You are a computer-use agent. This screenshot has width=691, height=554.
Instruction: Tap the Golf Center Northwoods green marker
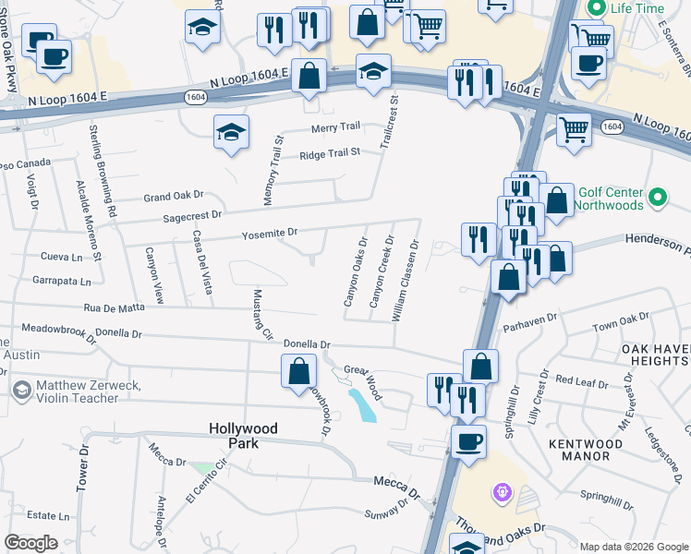pos(658,198)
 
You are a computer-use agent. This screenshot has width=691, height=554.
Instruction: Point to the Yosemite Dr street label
pos(270,234)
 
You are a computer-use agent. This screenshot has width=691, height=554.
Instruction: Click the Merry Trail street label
pos(335,127)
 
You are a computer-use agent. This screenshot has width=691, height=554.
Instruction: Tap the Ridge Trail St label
pos(329,154)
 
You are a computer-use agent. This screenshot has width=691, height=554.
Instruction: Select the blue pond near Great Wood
pos(363,404)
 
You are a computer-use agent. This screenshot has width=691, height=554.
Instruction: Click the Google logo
pos(30,543)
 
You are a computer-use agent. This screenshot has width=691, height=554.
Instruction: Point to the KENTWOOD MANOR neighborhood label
pos(586,450)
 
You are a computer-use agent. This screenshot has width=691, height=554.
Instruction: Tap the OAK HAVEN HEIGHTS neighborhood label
pos(654,355)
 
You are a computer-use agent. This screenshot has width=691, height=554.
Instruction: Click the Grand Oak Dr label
pos(173,197)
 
